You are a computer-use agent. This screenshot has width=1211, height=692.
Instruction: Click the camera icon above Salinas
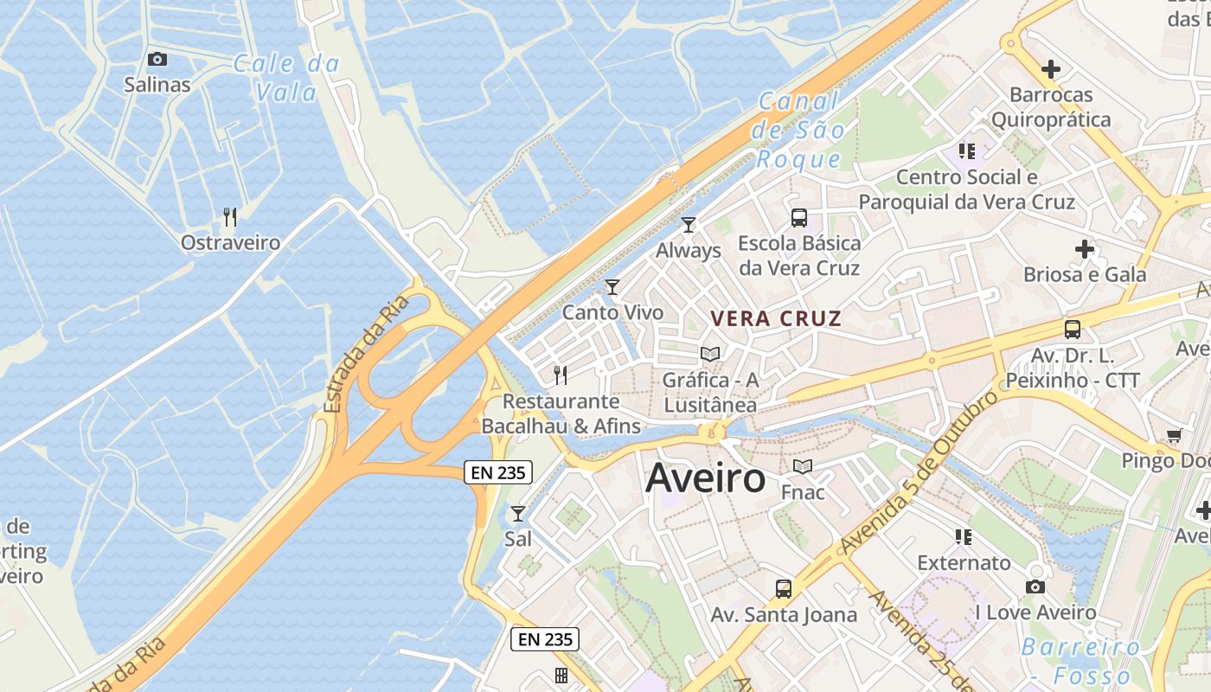tap(157, 59)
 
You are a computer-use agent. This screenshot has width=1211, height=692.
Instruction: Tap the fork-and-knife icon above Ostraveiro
tap(229, 216)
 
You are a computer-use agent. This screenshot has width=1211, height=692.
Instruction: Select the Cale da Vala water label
tap(287, 77)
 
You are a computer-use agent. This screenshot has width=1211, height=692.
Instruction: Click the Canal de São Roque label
tap(798, 130)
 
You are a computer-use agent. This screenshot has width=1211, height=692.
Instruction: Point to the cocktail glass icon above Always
tap(689, 225)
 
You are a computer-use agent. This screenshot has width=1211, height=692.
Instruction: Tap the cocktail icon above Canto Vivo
tap(612, 286)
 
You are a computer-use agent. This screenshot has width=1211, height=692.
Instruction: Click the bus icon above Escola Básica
tap(799, 218)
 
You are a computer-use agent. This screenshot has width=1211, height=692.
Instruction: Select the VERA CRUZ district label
tap(776, 318)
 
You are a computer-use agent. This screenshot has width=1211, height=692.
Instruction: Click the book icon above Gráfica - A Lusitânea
tap(710, 354)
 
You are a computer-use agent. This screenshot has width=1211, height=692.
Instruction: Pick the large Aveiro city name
tap(705, 477)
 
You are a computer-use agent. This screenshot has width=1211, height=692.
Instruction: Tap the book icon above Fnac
tap(803, 467)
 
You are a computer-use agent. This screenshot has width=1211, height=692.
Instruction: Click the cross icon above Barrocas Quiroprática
tap(1051, 69)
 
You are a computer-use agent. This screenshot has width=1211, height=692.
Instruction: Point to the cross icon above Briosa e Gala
tap(1085, 249)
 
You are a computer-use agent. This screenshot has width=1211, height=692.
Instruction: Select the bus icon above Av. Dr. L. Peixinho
tap(1073, 330)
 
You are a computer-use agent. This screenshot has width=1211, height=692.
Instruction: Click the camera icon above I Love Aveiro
tap(1035, 587)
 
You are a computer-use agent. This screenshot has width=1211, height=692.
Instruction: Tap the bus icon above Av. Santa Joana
tap(784, 589)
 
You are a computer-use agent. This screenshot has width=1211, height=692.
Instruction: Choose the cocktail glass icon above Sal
tap(517, 514)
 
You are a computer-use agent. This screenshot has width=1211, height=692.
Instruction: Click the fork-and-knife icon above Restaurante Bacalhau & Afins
tap(561, 375)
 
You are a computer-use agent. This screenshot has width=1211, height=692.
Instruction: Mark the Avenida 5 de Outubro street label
tap(919, 473)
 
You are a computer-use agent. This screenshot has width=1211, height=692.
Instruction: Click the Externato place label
tap(964, 563)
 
